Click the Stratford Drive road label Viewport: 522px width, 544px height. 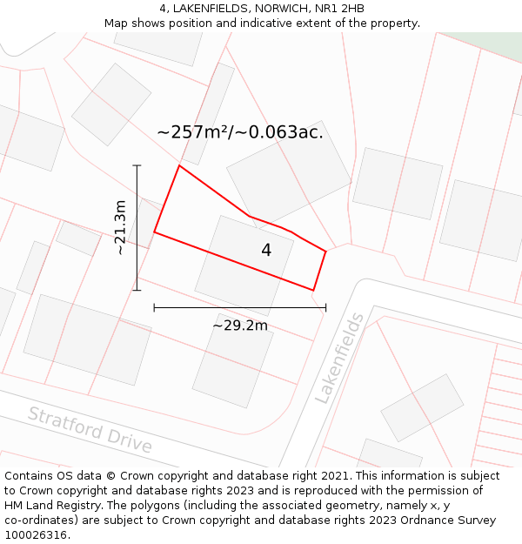point(90,430)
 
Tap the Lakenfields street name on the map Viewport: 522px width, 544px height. point(338,358)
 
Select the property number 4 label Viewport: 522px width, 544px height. point(266,251)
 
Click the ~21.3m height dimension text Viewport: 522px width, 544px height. point(120,227)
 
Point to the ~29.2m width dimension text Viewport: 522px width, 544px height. point(240,326)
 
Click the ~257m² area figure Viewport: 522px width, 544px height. point(191,132)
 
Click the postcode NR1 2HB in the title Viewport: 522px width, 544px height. point(340,9)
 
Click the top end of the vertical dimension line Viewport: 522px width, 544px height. point(137,165)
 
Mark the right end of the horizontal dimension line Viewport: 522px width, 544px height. point(326,307)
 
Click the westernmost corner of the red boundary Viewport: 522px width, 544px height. point(155,232)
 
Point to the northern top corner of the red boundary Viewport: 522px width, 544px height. point(179,165)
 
